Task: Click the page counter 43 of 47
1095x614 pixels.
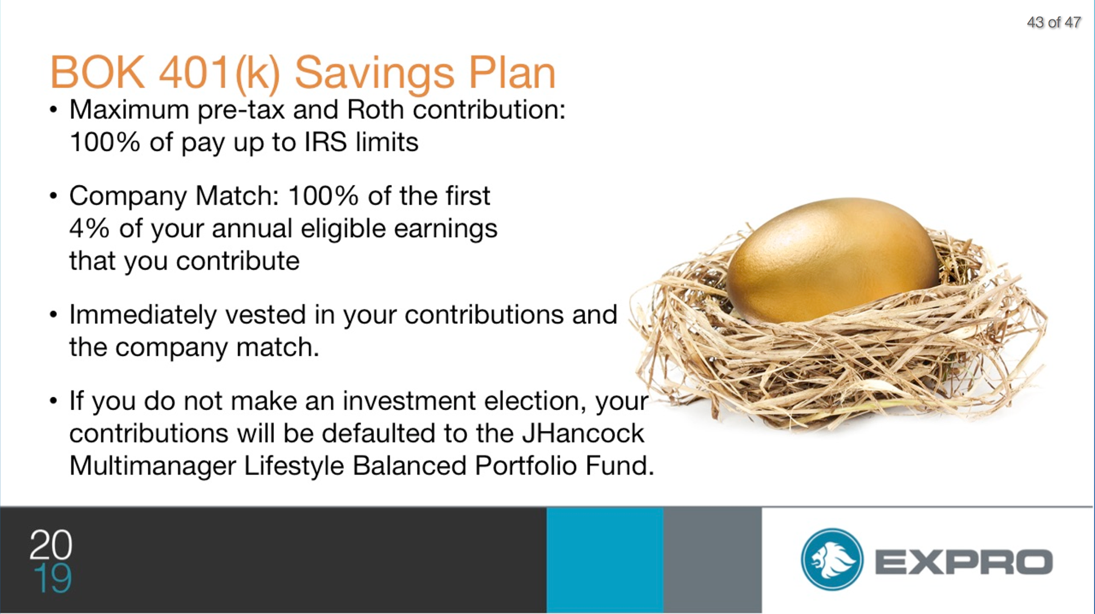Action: [1053, 22]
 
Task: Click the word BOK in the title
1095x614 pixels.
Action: [97, 72]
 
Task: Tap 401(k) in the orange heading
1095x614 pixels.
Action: [220, 74]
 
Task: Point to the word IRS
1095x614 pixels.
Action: [325, 142]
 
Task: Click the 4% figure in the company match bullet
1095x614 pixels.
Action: [90, 229]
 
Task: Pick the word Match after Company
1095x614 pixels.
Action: [237, 196]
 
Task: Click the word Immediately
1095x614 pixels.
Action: [143, 315]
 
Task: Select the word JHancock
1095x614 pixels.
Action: [583, 433]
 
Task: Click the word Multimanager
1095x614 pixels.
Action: [153, 466]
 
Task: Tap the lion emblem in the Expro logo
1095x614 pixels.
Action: [832, 559]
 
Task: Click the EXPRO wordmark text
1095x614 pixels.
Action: [964, 562]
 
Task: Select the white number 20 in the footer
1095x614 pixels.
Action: [51, 544]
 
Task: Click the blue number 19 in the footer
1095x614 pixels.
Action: [53, 578]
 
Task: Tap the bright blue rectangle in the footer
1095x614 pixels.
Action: [605, 560]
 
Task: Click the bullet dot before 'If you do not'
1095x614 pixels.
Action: [54, 401]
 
